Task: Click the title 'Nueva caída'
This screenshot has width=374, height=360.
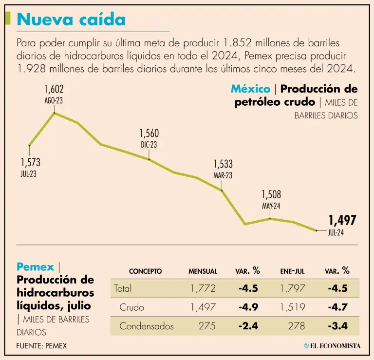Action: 71,19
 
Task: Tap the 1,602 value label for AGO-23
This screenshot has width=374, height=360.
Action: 54,90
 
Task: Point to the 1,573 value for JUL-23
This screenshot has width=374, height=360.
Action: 30,163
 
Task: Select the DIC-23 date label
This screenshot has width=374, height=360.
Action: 149,145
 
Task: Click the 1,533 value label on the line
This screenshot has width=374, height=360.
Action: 223,164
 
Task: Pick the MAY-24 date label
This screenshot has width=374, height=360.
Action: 271,206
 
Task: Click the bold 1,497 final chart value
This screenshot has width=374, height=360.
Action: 342,220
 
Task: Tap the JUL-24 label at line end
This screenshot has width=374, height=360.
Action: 336,233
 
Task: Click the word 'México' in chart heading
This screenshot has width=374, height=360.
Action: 250,89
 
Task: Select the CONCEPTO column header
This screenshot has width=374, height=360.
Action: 145,271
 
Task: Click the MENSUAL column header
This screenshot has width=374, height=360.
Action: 203,271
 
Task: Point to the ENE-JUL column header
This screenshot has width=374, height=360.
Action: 293,271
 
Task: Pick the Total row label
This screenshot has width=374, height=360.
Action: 123,288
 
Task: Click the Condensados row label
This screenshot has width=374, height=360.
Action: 147,326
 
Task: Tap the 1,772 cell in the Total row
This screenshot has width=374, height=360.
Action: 203,288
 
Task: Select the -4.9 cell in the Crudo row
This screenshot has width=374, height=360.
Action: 248,307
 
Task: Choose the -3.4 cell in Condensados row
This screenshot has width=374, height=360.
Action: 337,326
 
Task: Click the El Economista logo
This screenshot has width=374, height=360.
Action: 332,345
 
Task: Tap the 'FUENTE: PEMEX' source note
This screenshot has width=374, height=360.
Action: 41,345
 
